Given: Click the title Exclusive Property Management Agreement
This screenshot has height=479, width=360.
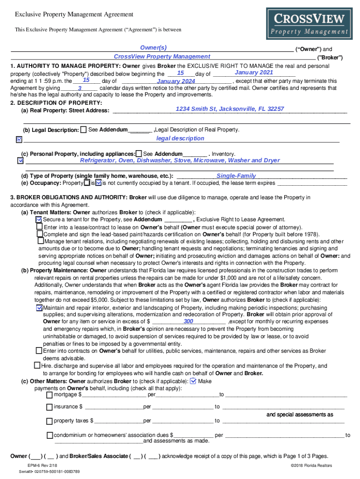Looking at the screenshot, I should pos(74,15).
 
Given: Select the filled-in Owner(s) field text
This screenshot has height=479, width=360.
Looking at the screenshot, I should pos(153,48).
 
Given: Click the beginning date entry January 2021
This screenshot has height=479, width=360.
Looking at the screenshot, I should pos(254,73).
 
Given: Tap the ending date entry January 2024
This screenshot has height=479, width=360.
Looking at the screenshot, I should pos(176,81).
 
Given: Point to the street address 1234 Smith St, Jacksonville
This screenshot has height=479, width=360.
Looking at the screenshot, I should pos(230,109).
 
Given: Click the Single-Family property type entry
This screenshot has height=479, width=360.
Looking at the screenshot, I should pos(236,176).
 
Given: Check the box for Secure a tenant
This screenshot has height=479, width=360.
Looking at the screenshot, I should pos(39,219).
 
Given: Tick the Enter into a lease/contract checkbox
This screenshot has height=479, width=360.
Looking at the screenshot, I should pos(40,226).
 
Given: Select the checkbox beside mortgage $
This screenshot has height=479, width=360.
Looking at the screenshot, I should pos(50,395).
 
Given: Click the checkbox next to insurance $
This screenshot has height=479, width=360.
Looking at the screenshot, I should pos(50,407).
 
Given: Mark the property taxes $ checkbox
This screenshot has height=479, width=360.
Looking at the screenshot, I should pos(50,421).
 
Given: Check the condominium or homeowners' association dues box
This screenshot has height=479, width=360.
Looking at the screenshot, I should pos(50,435).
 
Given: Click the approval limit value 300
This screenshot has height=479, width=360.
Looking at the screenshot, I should pos(188,322).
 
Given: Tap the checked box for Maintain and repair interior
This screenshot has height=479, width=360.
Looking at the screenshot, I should pos(39,308).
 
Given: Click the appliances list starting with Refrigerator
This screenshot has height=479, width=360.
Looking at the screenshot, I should pos(180,160).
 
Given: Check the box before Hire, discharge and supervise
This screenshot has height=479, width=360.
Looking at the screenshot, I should pos(37,365).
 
